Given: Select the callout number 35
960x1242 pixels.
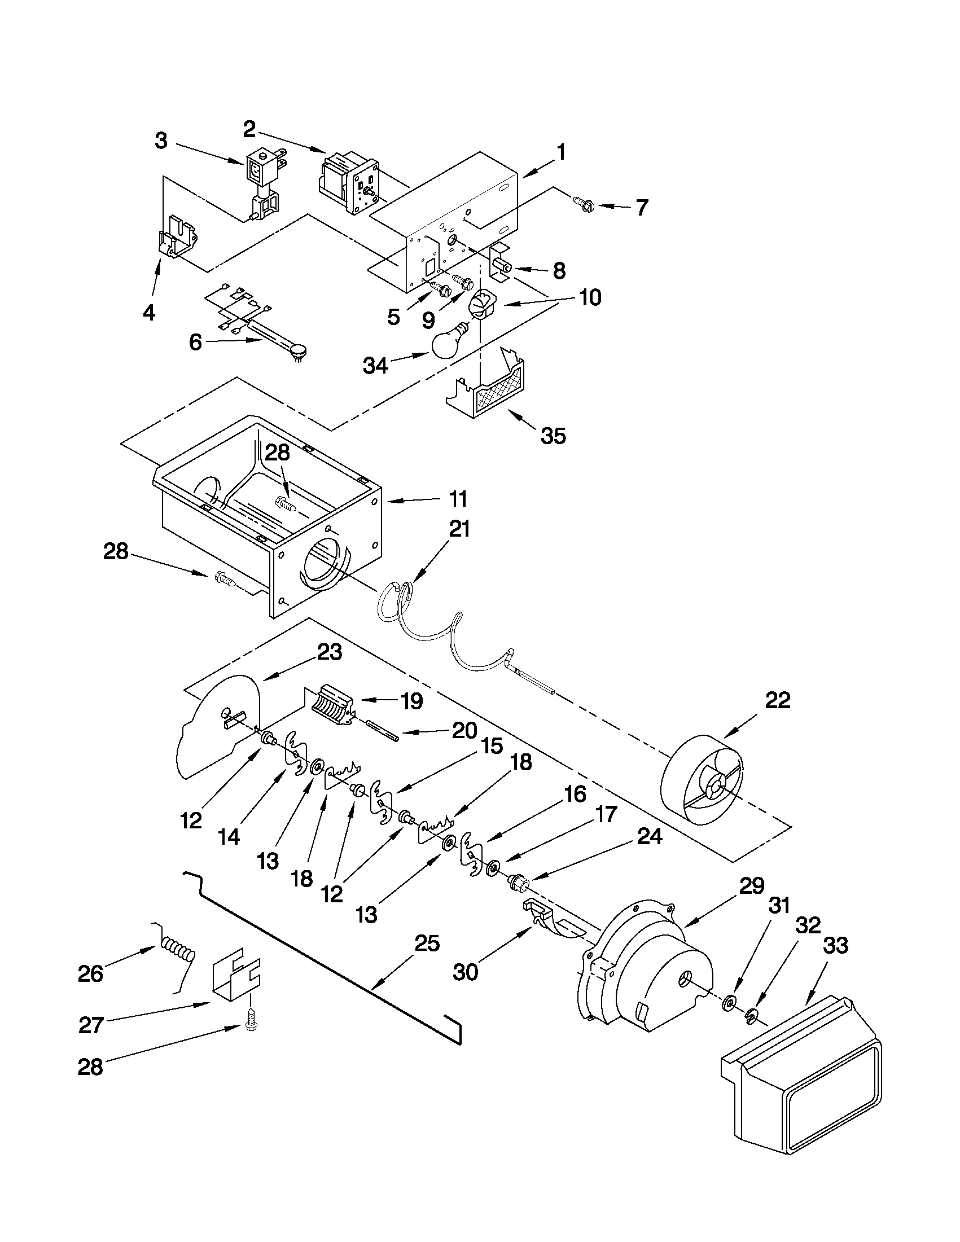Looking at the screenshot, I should [553, 436].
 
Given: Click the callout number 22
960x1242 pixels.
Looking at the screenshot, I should [778, 700].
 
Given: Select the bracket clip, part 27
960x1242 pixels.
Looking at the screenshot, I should [235, 974].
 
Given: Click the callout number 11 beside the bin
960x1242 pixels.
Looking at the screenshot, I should [458, 499].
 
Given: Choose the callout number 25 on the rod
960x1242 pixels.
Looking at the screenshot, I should [427, 944].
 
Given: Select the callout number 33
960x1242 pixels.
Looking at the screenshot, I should [835, 945].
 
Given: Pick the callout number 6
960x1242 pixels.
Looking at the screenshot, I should [195, 343].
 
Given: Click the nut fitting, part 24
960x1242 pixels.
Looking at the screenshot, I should [519, 883].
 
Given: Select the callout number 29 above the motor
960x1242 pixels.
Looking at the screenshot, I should [751, 886].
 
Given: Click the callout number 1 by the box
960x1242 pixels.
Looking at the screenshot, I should [561, 152].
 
